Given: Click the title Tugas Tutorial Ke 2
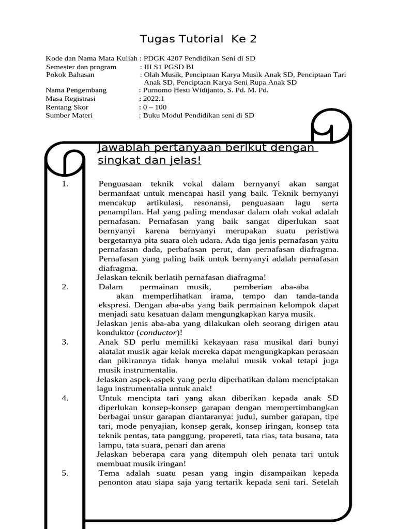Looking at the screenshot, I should click(198, 39).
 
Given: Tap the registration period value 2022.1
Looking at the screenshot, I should click(154, 99).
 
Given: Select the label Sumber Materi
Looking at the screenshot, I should click(69, 115).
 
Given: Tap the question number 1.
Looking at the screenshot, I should click(65, 183).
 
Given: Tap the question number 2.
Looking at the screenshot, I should click(65, 287).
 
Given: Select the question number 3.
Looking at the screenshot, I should click(65, 341).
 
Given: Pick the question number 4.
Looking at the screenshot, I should click(65, 397).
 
